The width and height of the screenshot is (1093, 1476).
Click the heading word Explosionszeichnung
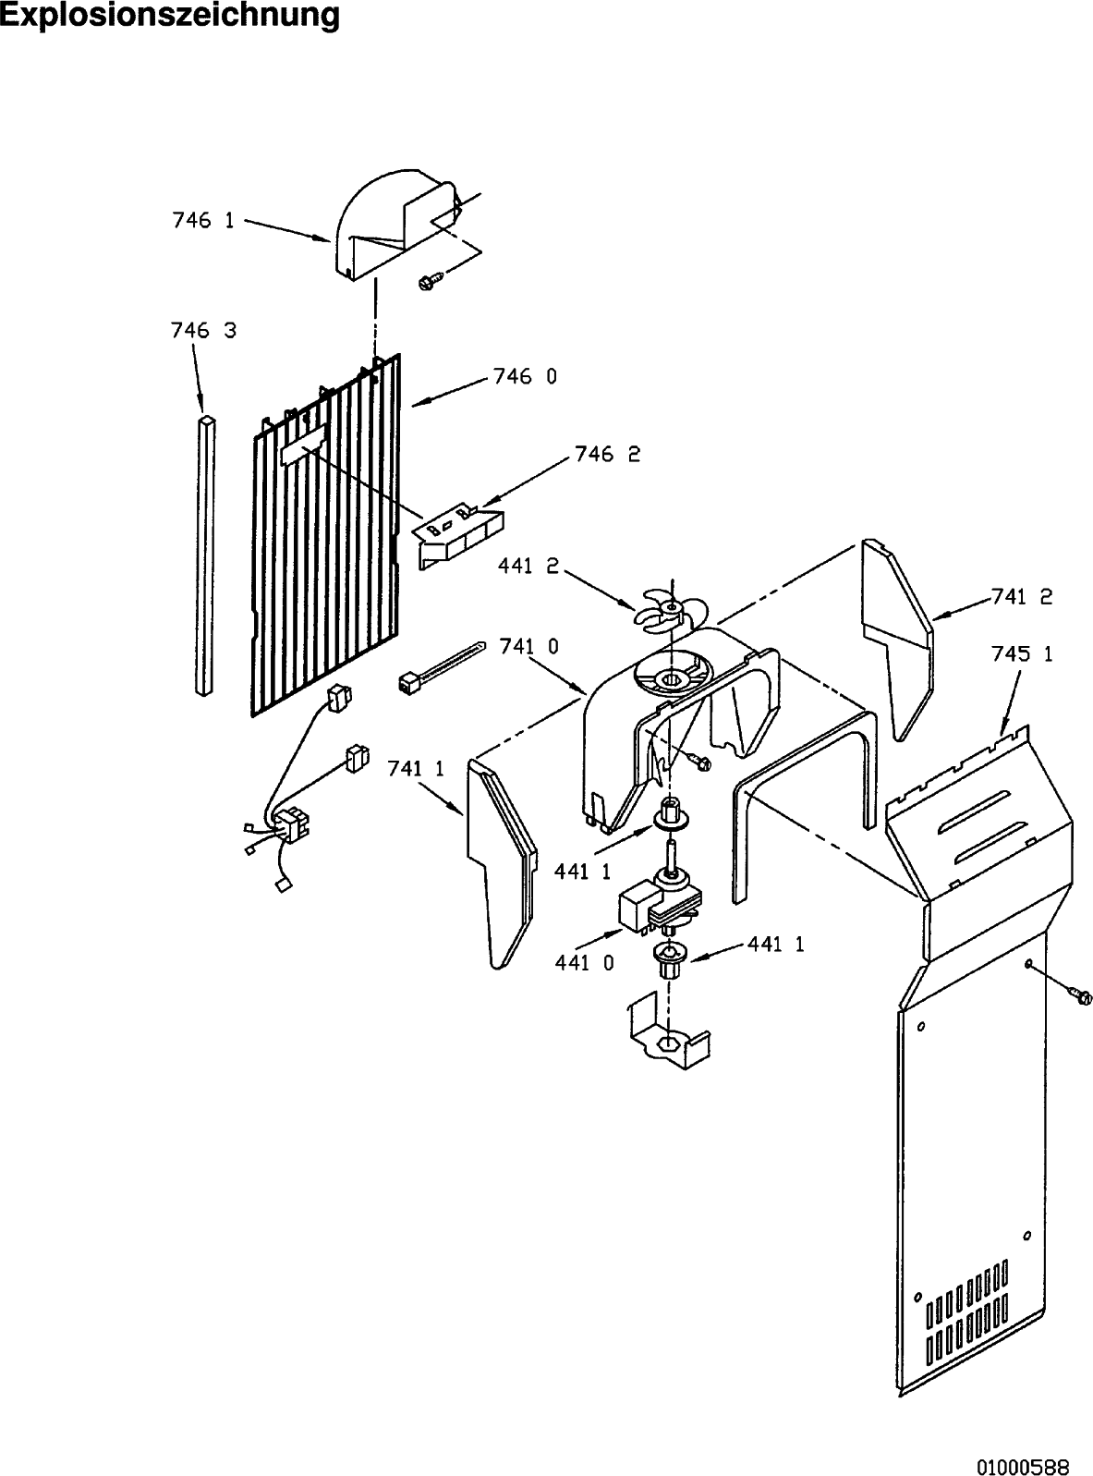click(169, 16)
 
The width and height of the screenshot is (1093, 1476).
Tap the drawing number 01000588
click(1023, 1448)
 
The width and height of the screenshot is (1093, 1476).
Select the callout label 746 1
click(203, 220)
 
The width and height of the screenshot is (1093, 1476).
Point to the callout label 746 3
click(203, 330)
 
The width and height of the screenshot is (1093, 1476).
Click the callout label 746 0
click(525, 377)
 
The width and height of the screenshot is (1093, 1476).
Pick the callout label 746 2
click(607, 454)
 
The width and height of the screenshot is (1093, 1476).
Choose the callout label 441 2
click(528, 567)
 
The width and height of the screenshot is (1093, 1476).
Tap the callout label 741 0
click(528, 646)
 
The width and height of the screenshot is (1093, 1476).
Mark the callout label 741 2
click(1022, 597)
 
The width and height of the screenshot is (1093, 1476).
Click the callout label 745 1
click(1022, 654)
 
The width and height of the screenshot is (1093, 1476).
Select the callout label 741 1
click(416, 769)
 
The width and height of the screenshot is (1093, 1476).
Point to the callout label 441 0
click(585, 963)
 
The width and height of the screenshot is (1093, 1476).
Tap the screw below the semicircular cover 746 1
click(429, 280)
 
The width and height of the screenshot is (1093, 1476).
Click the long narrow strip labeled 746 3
click(206, 555)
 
